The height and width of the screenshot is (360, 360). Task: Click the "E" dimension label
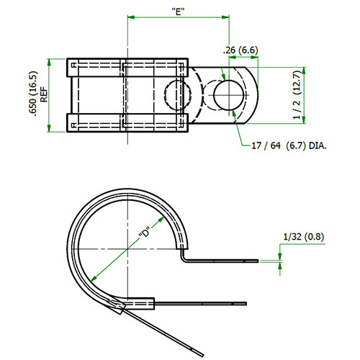[179, 12]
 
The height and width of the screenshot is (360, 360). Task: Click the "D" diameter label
[145, 233]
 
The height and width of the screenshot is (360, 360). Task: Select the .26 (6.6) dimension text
[240, 50]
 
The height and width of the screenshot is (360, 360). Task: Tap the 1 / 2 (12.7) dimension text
[297, 95]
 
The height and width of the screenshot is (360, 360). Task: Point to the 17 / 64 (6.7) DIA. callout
[289, 145]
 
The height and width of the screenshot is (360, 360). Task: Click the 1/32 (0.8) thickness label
[304, 237]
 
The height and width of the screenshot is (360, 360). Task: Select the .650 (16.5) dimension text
[33, 94]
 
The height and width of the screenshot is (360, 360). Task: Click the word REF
[44, 95]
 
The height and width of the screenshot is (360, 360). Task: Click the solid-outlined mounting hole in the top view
[229, 95]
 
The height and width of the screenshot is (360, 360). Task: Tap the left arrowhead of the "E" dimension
[131, 17]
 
